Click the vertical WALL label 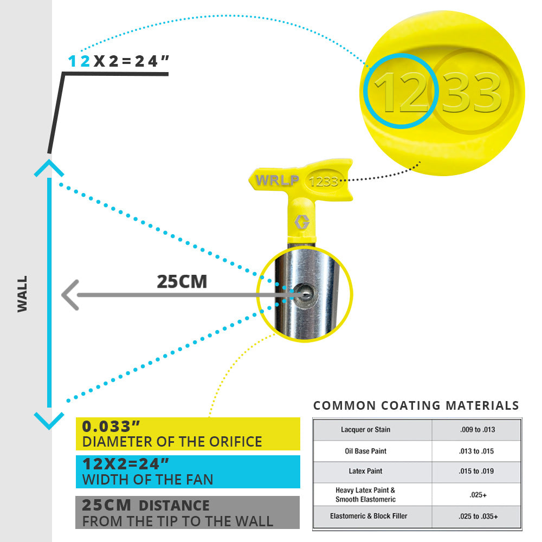(x=22, y=294)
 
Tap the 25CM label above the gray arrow (x=182, y=281)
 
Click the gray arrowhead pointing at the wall (x=70, y=295)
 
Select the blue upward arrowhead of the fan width (x=49, y=168)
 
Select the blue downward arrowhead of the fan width (x=49, y=421)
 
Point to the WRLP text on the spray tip (x=277, y=180)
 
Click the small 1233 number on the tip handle (x=323, y=182)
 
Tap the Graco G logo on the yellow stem (x=302, y=222)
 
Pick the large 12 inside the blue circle (x=401, y=92)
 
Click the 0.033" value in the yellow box (x=111, y=426)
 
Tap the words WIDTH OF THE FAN (x=147, y=480)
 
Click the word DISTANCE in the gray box (x=174, y=505)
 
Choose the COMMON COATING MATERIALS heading (x=416, y=405)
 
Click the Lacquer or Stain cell (x=365, y=430)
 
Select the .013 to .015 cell (x=476, y=451)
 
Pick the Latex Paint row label (x=365, y=471)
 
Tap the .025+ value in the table (x=478, y=495)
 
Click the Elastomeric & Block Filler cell (x=369, y=516)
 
